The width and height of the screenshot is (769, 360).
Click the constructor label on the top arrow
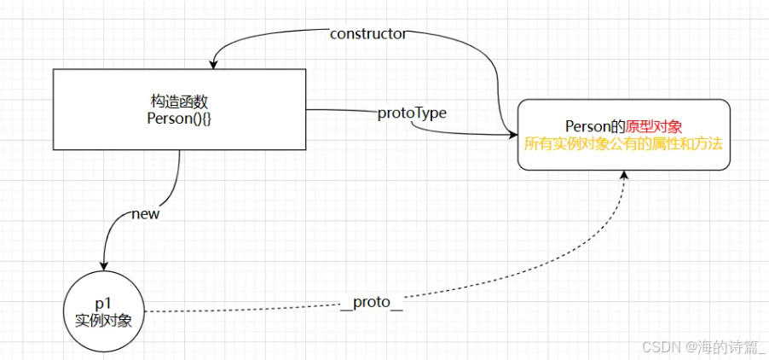[x=367, y=34]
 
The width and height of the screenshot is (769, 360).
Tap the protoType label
[x=412, y=113]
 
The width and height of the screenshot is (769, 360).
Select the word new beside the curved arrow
[x=145, y=213]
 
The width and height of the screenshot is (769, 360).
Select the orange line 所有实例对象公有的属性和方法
[x=623, y=143]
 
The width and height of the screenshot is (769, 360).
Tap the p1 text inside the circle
[x=103, y=305]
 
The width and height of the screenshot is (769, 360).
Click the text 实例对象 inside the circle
[x=103, y=320]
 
